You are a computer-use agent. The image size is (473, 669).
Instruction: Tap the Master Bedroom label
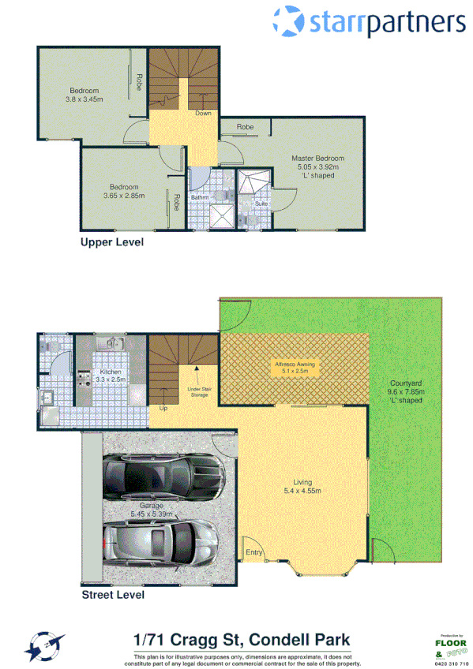[x=317, y=158]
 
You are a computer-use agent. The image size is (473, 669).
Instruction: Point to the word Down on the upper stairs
[x=203, y=114]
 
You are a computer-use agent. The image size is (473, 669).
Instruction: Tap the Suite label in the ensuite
[x=261, y=204]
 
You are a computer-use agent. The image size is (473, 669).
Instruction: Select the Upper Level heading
[x=112, y=242]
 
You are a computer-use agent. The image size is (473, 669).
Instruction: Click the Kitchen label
[x=109, y=372]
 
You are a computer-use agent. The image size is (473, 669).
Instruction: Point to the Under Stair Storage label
[x=198, y=392]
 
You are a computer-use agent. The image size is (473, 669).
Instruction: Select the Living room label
[x=302, y=482]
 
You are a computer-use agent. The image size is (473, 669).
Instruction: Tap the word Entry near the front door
[x=254, y=552]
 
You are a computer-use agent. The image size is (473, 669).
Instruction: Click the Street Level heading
[x=113, y=596]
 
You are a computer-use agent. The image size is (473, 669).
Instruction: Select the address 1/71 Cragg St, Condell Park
[x=242, y=639]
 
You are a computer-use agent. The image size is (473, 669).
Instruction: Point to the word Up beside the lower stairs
[x=163, y=409]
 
